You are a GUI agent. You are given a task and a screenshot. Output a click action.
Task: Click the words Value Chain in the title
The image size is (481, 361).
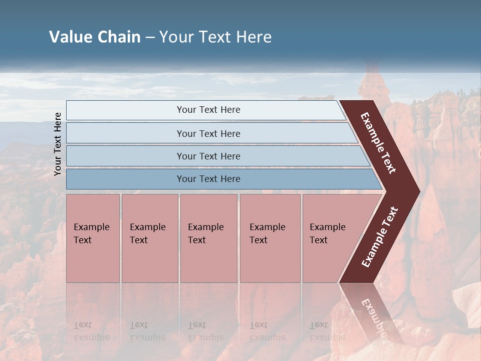point(95,37)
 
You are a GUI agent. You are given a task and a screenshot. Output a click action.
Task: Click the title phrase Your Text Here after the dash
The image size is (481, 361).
point(215,37)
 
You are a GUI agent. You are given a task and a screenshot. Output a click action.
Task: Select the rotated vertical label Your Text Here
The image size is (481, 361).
point(58,144)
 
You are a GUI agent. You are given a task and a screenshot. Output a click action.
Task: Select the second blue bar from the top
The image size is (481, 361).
point(208,133)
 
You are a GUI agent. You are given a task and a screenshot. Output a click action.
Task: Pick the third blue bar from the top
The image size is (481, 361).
point(208,156)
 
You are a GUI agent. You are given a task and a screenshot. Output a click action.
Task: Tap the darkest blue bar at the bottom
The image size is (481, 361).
point(208,179)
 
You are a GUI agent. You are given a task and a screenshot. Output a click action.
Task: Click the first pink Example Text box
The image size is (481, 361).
point(93,238)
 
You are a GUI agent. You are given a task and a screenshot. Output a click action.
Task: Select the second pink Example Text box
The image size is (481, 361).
point(149,238)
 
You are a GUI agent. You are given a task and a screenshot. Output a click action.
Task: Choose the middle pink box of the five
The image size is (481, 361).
point(208,238)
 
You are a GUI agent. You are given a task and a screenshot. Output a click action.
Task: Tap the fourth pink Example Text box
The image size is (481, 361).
point(270,238)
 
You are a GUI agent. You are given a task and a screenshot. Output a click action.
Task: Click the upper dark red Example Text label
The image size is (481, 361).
point(379,143)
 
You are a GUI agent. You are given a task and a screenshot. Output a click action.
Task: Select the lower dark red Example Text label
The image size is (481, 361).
point(380,237)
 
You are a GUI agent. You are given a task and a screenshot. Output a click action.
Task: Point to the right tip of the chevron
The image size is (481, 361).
point(418,191)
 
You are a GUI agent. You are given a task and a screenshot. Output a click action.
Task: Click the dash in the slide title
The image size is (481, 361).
point(149,38)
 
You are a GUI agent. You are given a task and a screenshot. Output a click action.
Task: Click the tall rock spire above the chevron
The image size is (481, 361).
point(374,85)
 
